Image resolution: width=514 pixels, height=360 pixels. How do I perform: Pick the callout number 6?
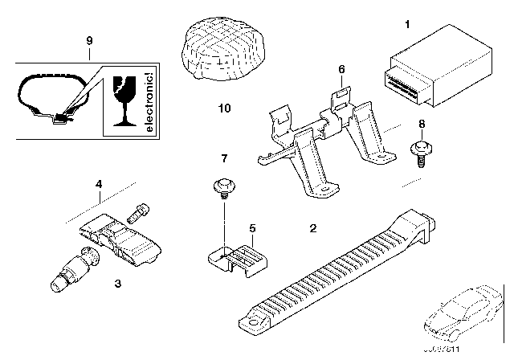341,70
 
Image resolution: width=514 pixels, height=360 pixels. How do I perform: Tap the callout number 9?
90,39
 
